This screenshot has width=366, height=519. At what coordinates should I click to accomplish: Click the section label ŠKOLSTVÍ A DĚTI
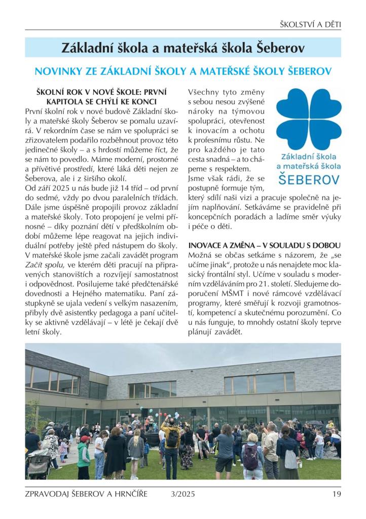point(310,24)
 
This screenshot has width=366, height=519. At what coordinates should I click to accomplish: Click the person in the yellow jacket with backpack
point(172,441)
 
